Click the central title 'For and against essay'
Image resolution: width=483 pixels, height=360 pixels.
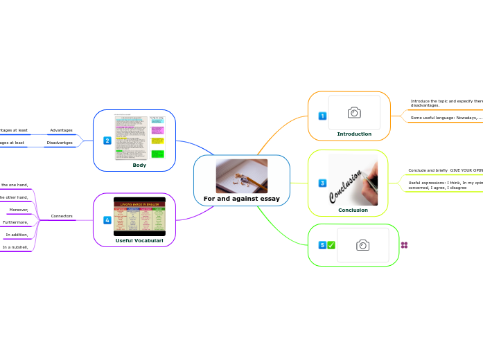[x=241, y=199]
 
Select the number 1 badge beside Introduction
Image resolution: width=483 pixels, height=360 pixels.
[x=322, y=116]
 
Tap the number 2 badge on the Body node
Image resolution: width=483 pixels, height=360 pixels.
[x=107, y=141]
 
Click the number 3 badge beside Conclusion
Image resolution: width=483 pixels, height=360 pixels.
[x=322, y=183]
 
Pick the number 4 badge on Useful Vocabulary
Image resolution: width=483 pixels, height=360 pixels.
[x=107, y=220]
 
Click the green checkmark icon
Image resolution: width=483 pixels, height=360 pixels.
[x=331, y=245]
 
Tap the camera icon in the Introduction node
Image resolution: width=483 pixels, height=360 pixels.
[x=354, y=112]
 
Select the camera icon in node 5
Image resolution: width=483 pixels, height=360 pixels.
[x=362, y=245]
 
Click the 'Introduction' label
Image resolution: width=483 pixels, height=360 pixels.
[x=354, y=134]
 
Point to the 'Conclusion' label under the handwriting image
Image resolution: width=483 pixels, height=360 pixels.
[x=353, y=210]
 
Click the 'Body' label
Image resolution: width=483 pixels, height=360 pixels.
[x=139, y=165]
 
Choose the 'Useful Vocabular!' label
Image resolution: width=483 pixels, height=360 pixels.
[x=139, y=240]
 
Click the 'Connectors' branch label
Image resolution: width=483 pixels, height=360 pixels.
[x=62, y=216]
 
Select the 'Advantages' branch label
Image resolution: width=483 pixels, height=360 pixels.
[x=61, y=130]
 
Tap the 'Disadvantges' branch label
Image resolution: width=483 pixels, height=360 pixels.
[x=59, y=143]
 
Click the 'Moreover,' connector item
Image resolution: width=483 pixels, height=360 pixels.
[x=19, y=210]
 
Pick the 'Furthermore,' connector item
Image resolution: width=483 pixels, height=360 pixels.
[x=15, y=222]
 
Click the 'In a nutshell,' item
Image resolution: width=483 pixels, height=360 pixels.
[x=15, y=247]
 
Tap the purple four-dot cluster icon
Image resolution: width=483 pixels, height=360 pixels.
[x=404, y=245]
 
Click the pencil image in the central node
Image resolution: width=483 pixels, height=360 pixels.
[x=241, y=176]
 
